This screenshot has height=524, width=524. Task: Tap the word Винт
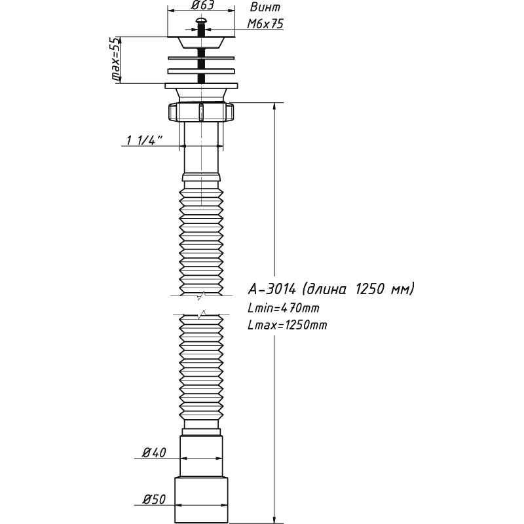(x=266, y=8)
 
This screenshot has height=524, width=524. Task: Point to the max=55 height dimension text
(x=116, y=60)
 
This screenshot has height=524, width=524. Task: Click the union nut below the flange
(x=201, y=112)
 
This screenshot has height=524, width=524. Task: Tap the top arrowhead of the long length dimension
(x=274, y=106)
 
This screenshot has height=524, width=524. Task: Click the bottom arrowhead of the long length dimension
(x=274, y=520)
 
